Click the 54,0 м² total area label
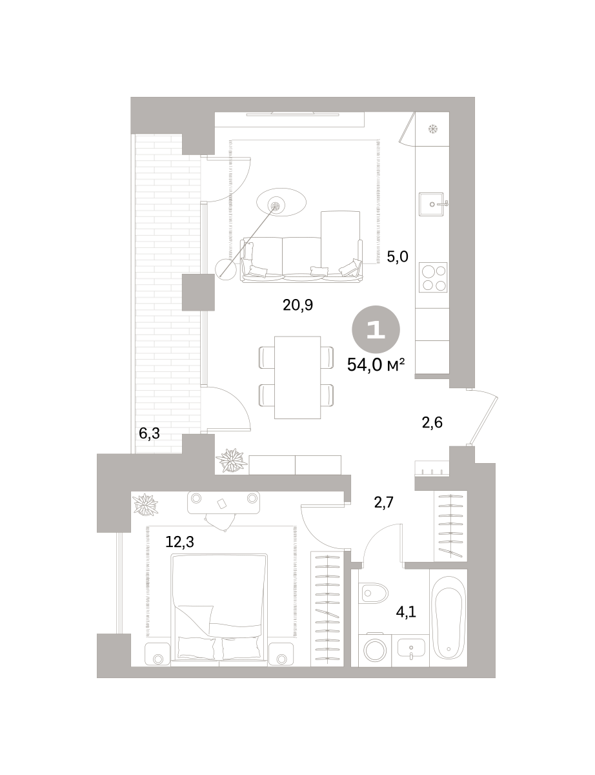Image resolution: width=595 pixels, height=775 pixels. (x=376, y=365)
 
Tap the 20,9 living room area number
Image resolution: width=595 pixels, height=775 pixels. (x=298, y=305)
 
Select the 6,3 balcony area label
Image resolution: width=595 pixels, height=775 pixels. (x=149, y=434)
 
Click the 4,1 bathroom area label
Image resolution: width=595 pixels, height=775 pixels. (x=406, y=613)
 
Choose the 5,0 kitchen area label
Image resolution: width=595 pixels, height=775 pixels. (x=398, y=257)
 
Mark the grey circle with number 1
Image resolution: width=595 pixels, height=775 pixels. (x=376, y=329)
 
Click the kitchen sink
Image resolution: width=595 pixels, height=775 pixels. (x=432, y=204)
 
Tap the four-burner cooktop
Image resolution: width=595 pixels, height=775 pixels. (x=433, y=278)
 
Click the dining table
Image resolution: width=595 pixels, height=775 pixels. (x=297, y=377)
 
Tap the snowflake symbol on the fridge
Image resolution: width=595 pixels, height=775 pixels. (x=432, y=129)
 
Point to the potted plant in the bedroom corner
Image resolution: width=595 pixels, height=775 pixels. (x=146, y=504)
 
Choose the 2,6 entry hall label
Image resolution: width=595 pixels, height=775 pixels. (x=432, y=422)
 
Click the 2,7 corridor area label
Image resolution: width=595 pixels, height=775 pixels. (x=383, y=503)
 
